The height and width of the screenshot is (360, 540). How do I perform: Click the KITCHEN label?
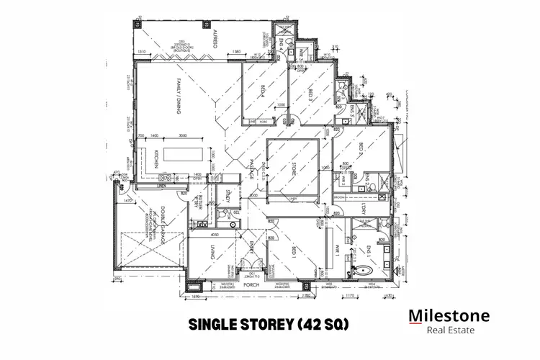click(156, 159)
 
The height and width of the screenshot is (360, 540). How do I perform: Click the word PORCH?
click(250, 285)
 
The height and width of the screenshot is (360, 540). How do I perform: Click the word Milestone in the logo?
click(449, 315)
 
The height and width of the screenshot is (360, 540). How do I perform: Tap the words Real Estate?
click(449, 330)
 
